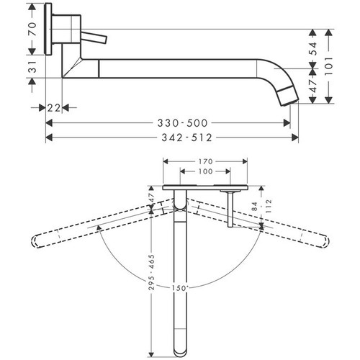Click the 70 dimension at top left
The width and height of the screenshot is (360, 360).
coord(32,30)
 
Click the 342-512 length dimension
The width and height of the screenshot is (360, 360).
coord(173,137)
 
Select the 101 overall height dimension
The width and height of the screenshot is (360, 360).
coord(329,64)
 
